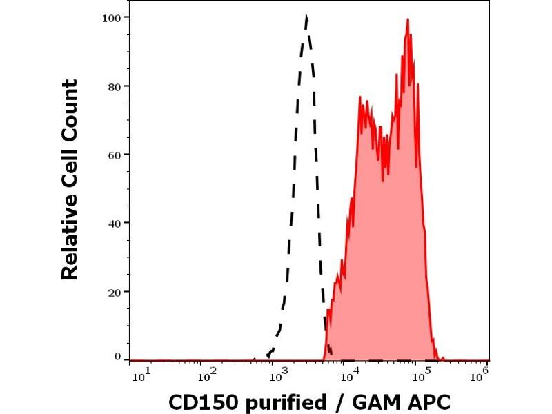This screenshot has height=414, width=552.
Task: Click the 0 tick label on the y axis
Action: click(x=118, y=357)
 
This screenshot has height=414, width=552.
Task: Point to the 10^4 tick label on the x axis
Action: click(x=351, y=375)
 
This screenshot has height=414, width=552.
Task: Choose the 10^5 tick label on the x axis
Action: click(x=422, y=375)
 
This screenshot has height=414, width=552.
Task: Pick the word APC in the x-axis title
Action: click(x=427, y=402)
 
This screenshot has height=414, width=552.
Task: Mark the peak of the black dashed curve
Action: click(x=306, y=17)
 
